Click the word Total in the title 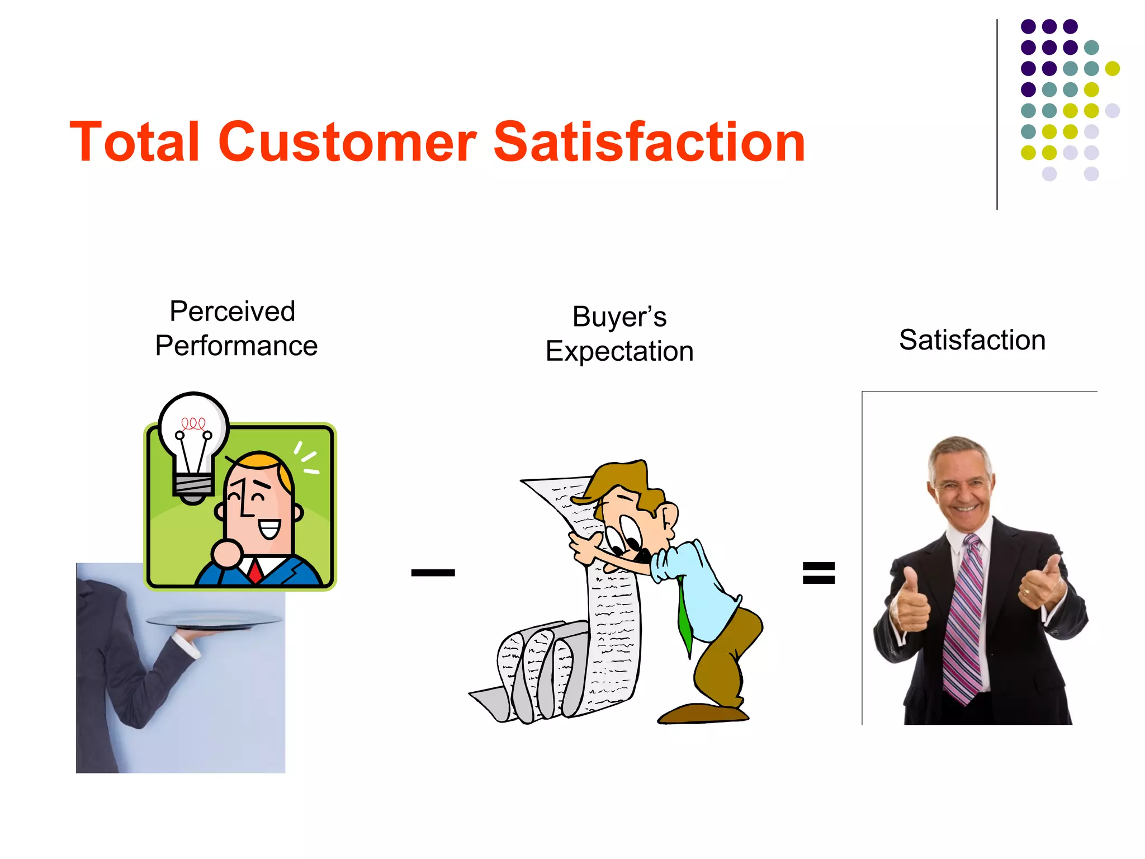click(x=134, y=142)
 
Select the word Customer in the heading click(x=347, y=142)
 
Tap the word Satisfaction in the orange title click(x=649, y=142)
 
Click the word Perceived click(x=232, y=311)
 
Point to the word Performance click(x=236, y=346)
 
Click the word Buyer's click(x=619, y=317)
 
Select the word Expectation click(x=619, y=352)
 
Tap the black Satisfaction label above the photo click(x=972, y=340)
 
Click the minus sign click(x=433, y=572)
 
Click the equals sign click(x=818, y=573)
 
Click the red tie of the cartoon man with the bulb click(x=256, y=572)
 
